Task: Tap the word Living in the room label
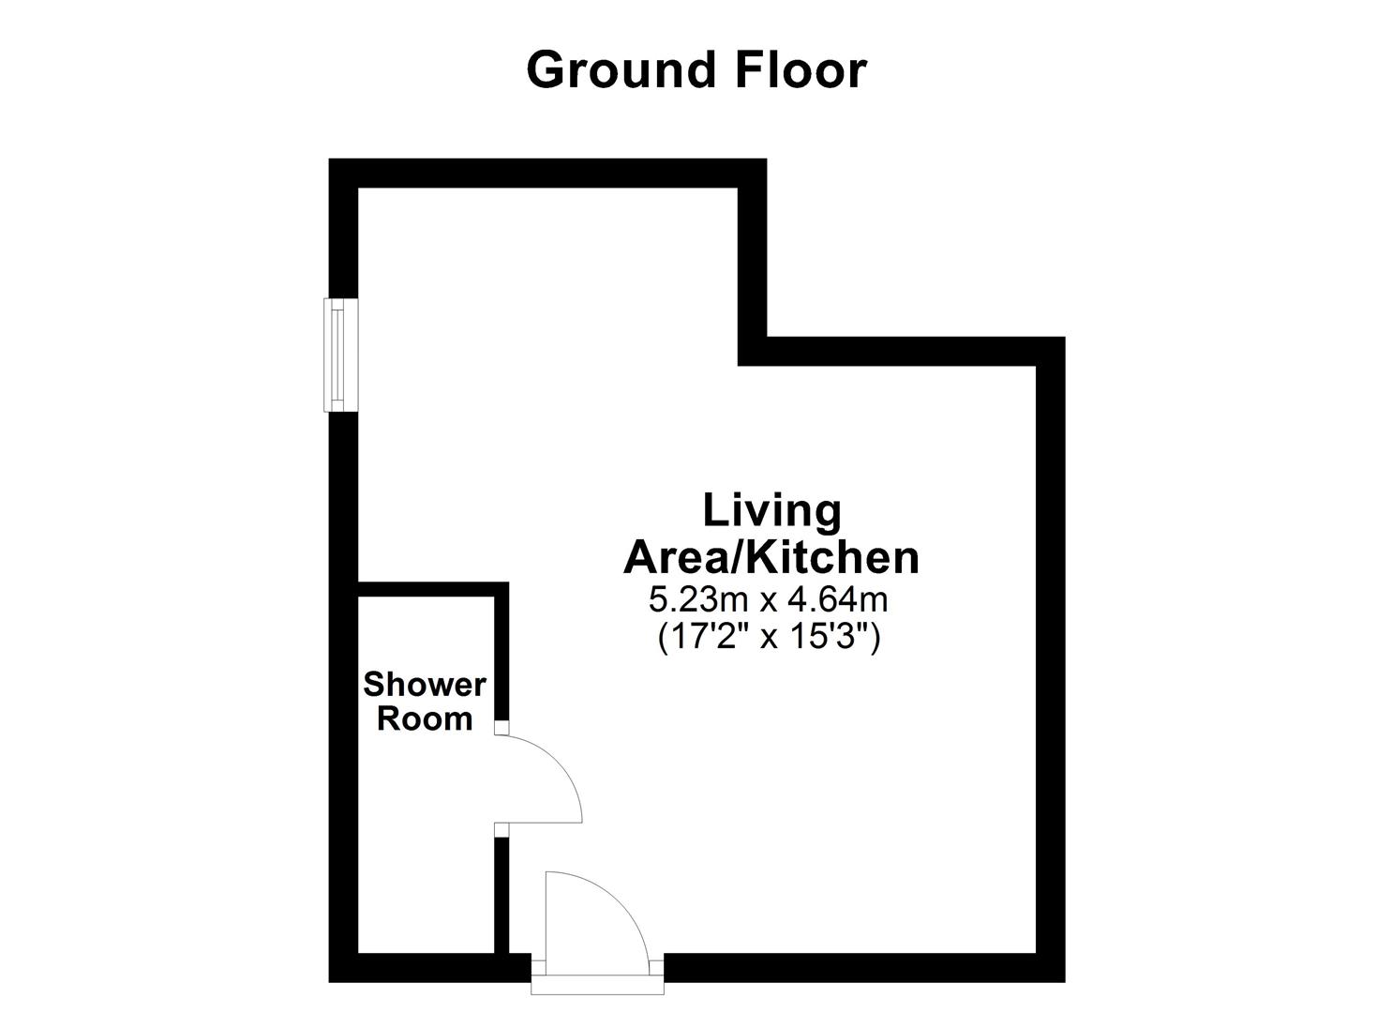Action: coord(771,511)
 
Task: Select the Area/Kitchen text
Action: coord(771,557)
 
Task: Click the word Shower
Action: coord(425,685)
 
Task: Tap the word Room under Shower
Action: coord(425,719)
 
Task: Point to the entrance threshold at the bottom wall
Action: coord(597,981)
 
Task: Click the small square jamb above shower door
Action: coord(501,727)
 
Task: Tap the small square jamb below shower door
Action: coord(501,828)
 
